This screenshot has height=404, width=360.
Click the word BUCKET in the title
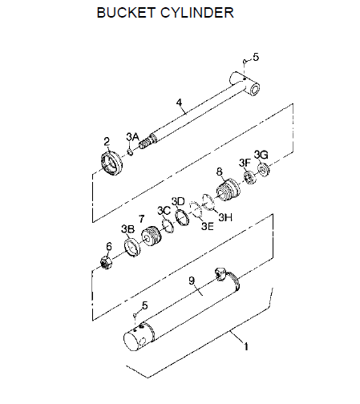coord(126,13)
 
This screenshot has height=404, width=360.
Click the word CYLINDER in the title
coord(196,13)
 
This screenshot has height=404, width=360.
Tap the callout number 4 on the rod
coord(179,103)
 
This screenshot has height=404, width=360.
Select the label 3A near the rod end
coord(132,137)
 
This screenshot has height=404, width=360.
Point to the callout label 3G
coord(261,155)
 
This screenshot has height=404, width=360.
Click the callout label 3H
coord(225,217)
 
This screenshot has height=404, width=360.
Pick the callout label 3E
coord(208,226)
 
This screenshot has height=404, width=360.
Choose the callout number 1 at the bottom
coord(246,346)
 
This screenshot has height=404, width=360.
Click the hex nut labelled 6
coord(106,262)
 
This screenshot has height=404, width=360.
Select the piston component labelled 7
coord(152,236)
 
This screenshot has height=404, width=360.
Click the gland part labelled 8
coord(228,190)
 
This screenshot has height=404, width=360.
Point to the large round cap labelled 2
coord(111,164)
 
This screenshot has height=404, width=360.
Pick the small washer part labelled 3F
coord(250,178)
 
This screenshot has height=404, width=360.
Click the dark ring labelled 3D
coord(183,217)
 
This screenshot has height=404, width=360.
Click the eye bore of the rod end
coord(253,89)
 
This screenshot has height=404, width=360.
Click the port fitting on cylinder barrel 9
coord(220,274)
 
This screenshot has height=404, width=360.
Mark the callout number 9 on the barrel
coord(192,281)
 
